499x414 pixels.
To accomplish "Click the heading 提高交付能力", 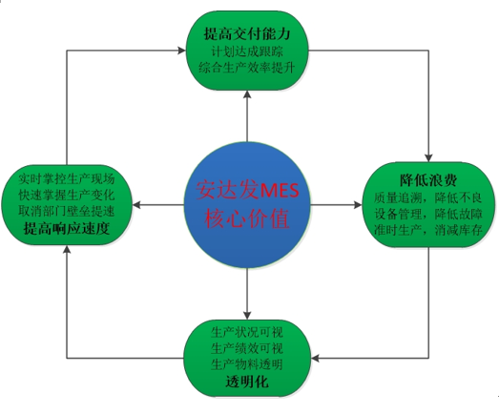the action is pos(247,33).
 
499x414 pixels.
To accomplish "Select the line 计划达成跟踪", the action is pos(247,52).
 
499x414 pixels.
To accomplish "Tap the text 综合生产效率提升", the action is pos(247,68).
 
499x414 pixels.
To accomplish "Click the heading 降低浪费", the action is pos(428,180).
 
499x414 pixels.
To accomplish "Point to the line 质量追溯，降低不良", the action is pos(428,197).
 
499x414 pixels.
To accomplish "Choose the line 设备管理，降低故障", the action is pos(428,214).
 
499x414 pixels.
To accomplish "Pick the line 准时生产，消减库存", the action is pos(428,230).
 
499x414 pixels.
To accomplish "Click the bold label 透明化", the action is pos(247,382).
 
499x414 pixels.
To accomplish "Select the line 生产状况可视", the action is pos(247,333).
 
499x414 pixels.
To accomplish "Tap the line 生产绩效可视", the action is pos(247,348).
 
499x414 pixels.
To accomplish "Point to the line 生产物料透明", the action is pos(247,364).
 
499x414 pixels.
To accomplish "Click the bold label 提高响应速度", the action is pos(67,228).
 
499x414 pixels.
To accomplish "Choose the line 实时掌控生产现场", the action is pos(67,179).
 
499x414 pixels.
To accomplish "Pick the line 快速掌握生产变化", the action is pos(67,195).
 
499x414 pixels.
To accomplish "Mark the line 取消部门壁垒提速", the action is pos(67,212).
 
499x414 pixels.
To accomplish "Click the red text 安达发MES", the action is pos(247,190).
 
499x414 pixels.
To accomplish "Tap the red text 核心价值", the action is pos(247,218).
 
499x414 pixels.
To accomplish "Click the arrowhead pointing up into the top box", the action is pos(247,94).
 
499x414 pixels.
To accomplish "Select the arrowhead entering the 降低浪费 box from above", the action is pos(428,158).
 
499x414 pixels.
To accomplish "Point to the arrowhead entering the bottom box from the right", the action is pos(315,359).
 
